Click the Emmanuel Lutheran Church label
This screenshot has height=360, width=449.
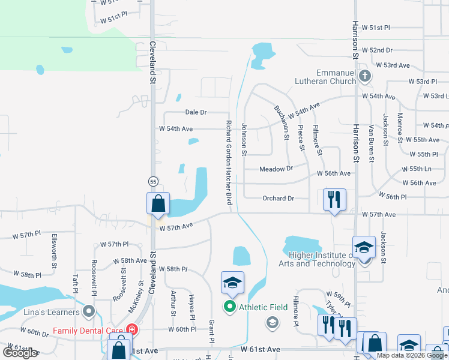[325, 76]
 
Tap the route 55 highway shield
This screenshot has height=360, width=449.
[153, 181]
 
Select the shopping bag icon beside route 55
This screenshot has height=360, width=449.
[158, 203]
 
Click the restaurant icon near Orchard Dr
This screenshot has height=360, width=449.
[334, 199]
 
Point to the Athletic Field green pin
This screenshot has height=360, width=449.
[229, 307]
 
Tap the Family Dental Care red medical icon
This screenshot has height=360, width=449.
[131, 330]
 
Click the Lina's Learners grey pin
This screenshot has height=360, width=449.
[89, 311]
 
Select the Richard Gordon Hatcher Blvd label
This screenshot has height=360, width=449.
[229, 163]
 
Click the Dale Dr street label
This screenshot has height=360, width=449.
[196, 112]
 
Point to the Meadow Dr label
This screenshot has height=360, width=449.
[276, 169]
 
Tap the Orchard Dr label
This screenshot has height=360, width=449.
[278, 198]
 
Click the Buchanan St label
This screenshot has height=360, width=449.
[280, 123]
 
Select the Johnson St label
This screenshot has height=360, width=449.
[244, 139]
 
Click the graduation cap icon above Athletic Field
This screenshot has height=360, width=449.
[232, 283]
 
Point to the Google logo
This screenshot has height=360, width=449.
[20, 353]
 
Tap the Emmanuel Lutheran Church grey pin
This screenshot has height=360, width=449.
[365, 76]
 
